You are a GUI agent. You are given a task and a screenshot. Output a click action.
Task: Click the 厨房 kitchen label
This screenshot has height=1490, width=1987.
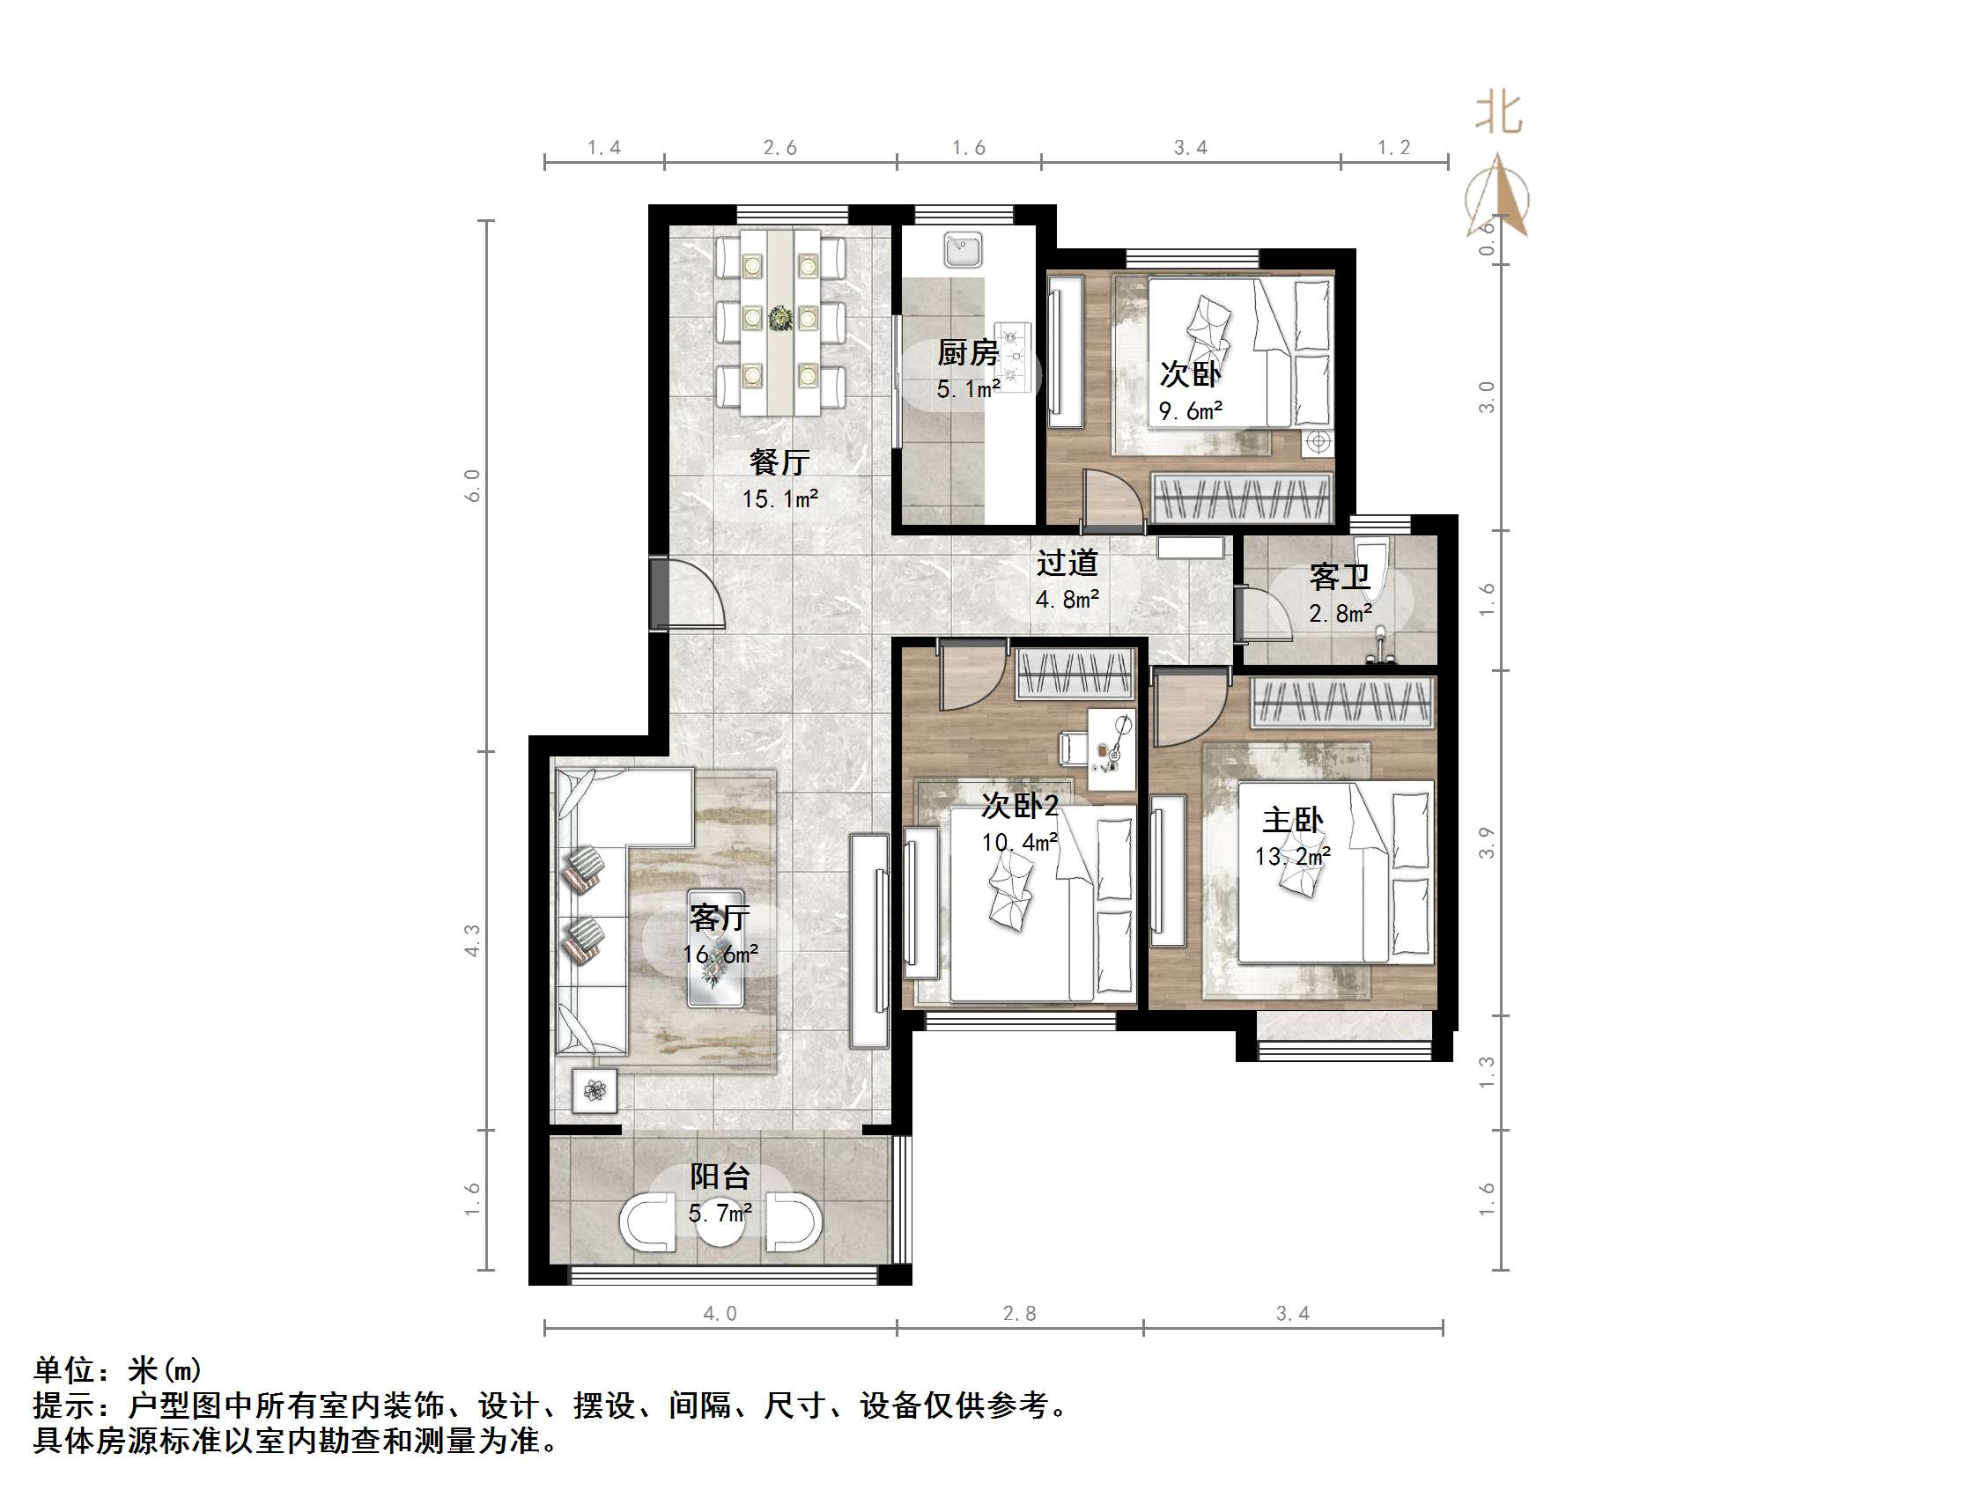[x=967, y=353]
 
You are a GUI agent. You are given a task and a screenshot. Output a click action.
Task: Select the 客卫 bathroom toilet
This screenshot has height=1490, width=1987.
[x=1370, y=564]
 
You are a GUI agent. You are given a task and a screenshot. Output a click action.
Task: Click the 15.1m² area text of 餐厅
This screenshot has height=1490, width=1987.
[x=779, y=498]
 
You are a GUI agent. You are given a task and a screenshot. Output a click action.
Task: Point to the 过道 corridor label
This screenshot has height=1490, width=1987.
[x=1067, y=563]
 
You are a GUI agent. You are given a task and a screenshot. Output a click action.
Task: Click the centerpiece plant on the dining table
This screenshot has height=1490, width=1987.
[x=779, y=317]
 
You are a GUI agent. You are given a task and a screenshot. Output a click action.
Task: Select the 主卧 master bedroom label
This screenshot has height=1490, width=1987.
[x=1292, y=820]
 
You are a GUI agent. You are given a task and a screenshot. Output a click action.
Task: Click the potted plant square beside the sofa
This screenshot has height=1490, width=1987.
[x=595, y=1091]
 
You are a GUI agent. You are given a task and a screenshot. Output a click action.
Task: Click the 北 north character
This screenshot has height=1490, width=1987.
[x=1498, y=114]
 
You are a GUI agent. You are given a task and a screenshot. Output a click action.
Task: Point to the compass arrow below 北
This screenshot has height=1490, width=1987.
[x=1497, y=195]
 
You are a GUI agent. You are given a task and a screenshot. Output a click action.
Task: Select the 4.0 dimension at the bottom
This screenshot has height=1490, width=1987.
[x=720, y=1314]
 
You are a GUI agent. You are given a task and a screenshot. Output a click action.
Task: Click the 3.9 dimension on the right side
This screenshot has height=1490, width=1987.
[x=1488, y=843]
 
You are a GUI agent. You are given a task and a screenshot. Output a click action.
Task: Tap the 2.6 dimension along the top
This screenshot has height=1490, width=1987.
[x=779, y=147]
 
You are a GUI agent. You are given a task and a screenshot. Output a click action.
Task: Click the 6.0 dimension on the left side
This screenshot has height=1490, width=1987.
[x=472, y=486]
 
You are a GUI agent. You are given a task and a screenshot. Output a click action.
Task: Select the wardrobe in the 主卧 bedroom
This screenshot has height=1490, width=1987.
[x=1342, y=702]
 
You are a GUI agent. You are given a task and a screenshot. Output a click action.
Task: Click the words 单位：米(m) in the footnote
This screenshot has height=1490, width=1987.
[x=118, y=1369]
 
